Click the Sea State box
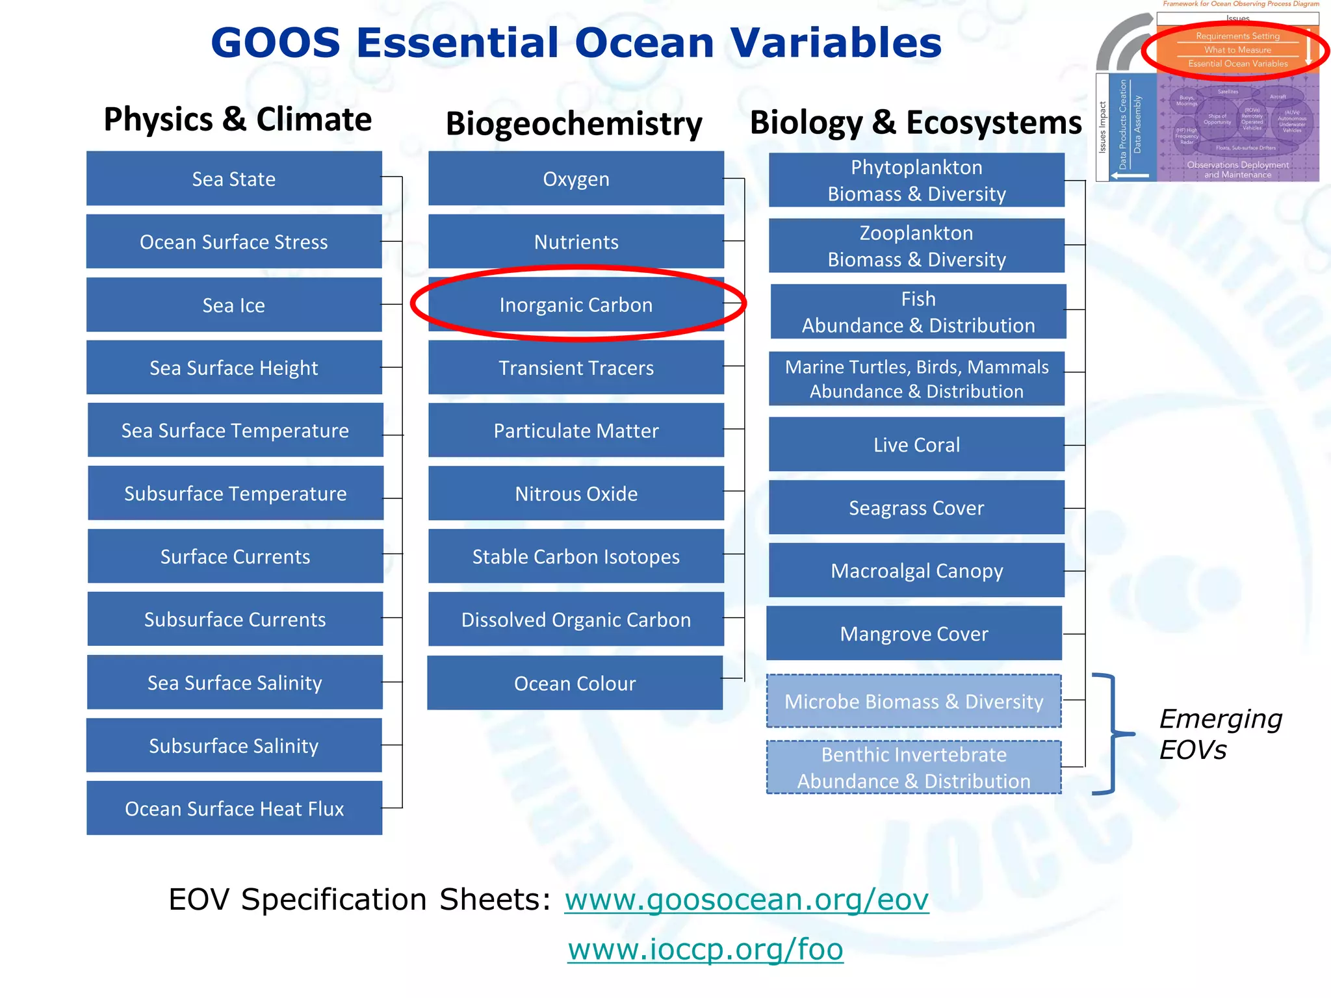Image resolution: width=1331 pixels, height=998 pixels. click(x=234, y=179)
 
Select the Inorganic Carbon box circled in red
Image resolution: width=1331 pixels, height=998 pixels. click(x=576, y=305)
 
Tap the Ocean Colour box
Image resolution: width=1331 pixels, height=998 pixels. click(x=575, y=683)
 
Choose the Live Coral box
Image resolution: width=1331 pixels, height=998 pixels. click(x=916, y=444)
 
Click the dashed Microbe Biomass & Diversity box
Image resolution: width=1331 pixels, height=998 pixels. click(x=914, y=701)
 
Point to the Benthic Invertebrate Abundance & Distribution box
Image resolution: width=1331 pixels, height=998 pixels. click(x=914, y=767)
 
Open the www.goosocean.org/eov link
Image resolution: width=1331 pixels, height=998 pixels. click(x=746, y=899)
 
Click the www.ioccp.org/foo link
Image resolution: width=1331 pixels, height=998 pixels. click(x=705, y=949)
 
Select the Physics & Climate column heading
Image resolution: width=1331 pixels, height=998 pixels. click(x=237, y=120)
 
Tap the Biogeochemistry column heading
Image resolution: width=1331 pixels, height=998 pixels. click(x=574, y=123)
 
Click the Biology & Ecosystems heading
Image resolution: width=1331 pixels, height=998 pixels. click(x=915, y=122)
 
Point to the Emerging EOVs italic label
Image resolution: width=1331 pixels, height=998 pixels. click(x=1220, y=734)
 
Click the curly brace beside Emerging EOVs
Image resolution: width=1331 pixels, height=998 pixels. click(x=1113, y=734)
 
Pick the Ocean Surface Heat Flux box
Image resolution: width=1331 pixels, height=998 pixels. click(x=234, y=808)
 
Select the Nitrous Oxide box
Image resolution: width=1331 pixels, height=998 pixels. click(x=576, y=493)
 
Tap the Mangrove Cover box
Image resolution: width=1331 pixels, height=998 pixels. click(x=914, y=633)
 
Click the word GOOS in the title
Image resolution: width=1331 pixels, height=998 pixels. click(x=276, y=43)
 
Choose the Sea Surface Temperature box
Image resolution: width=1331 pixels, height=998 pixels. click(x=235, y=430)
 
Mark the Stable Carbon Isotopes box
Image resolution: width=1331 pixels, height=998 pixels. click(x=576, y=556)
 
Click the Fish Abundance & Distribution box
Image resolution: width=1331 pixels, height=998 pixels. click(x=918, y=312)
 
